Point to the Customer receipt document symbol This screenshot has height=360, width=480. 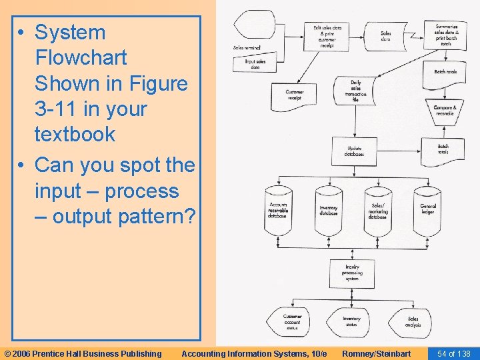(x=295, y=95)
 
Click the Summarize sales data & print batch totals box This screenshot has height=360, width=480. (x=445, y=31)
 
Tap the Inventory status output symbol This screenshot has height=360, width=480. (x=351, y=321)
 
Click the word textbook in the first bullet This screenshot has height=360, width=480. (x=75, y=134)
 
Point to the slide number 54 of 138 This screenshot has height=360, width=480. (x=453, y=353)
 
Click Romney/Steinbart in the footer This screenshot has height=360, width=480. (x=376, y=353)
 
